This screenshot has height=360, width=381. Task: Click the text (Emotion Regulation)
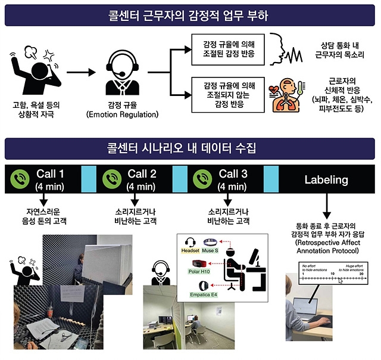[125, 114]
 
